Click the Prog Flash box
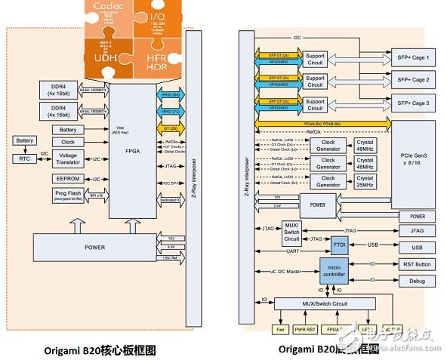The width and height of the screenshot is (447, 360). pos(67,195)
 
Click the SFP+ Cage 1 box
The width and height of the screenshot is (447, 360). pos(412,58)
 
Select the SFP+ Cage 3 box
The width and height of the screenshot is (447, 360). pos(412,102)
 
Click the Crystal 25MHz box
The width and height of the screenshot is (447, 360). pos(365,182)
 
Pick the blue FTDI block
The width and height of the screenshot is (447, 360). pos(338,246)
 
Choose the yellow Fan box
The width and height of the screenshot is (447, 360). pos(280,329)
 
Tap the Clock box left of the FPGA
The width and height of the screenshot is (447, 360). pos(67,141)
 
